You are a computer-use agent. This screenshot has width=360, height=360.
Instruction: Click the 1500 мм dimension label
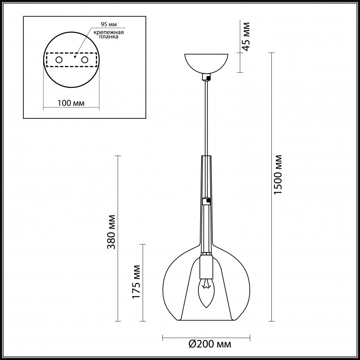[x=279, y=175]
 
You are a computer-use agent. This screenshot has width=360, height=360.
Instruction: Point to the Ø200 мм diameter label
[x=208, y=345]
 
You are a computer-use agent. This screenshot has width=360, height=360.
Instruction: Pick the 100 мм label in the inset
[x=72, y=103]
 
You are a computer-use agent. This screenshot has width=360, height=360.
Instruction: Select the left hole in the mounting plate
[x=59, y=60]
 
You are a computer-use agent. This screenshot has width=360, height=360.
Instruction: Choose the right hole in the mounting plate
[x=84, y=60]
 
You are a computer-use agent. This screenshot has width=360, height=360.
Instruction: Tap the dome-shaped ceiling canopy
[x=207, y=63]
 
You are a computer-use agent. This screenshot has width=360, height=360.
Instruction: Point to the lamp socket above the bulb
[x=206, y=266]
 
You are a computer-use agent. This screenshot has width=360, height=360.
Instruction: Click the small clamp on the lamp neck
[x=206, y=200]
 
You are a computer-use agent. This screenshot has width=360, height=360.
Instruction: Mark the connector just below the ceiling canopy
[x=207, y=77]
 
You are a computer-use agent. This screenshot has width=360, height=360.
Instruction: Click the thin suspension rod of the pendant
[x=207, y=117]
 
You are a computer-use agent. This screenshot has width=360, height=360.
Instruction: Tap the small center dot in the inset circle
[x=75, y=57]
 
